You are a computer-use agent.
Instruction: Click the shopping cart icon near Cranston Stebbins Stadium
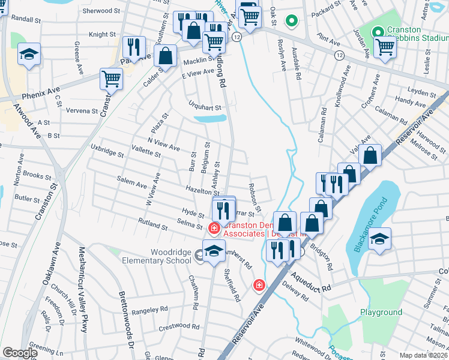[x=384, y=46]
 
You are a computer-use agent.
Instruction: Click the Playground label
[x=381, y=313]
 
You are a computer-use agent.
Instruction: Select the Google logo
[x=20, y=353]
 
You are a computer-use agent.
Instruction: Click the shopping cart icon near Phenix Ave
[x=111, y=77]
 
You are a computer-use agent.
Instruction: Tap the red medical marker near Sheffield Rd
[x=259, y=285]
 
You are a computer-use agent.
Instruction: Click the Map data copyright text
[x=424, y=355]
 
